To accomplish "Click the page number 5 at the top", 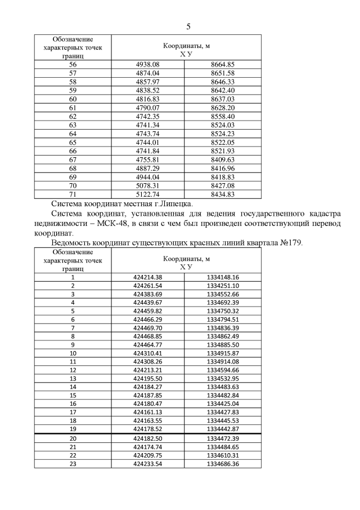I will point(188,26).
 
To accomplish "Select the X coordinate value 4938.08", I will point(148,65).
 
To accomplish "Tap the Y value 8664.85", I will point(222,65).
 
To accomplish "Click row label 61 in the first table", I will point(73,107).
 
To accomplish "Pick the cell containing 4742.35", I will point(148,116).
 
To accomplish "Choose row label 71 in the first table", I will point(73,193).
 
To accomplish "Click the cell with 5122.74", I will point(148,193).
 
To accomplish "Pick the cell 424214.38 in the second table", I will point(148,277).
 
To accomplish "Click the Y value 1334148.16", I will point(223,277).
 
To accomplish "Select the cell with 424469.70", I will point(148,327).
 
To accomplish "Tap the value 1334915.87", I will point(223,353).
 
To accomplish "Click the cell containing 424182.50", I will point(148,438).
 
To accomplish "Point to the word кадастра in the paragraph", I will point(321,213).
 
